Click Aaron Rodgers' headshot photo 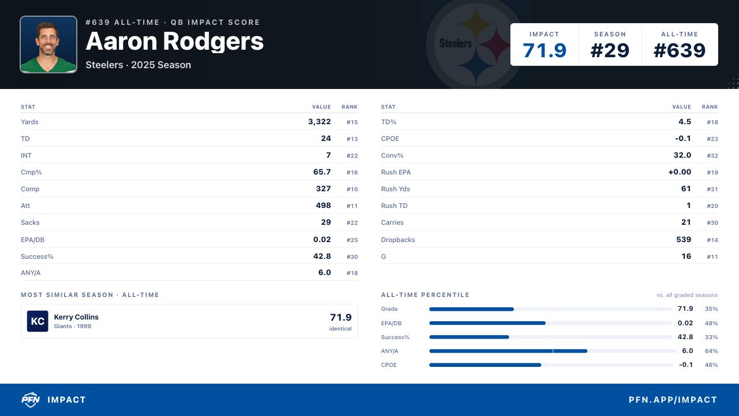click(x=48, y=44)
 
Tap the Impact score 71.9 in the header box click(x=544, y=50)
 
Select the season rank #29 click(x=610, y=50)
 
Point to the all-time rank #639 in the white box click(x=680, y=50)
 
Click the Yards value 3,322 click(x=319, y=122)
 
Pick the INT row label click(x=26, y=155)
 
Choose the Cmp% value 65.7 click(x=322, y=172)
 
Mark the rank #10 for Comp click(x=352, y=189)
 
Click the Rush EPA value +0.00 click(x=680, y=172)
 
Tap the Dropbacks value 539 click(x=684, y=239)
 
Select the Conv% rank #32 click(x=712, y=155)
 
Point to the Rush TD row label click(x=394, y=206)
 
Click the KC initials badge click(x=38, y=321)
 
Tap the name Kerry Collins click(x=76, y=317)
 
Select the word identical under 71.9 click(x=340, y=329)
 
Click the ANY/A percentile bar click(x=508, y=351)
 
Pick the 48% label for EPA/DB click(x=711, y=323)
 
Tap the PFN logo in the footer click(x=31, y=400)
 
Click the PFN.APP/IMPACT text click(x=673, y=400)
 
